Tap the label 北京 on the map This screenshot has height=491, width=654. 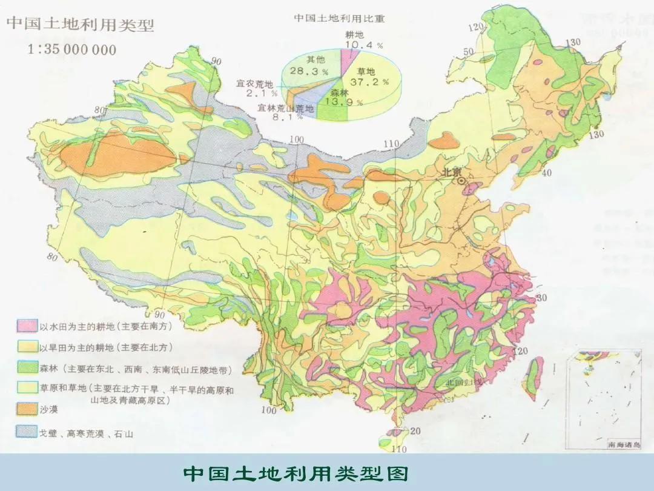(x=451, y=172)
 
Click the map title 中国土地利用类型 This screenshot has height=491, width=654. (x=80, y=25)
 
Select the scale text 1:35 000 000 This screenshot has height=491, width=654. (x=71, y=50)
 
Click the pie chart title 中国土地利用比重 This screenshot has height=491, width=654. (x=340, y=18)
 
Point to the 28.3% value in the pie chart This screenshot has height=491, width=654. (x=309, y=71)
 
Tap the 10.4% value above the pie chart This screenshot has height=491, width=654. (x=363, y=45)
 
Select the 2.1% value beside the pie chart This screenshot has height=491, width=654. (x=261, y=93)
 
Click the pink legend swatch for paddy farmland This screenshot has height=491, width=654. (x=26, y=327)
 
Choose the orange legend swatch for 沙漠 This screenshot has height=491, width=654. (x=26, y=410)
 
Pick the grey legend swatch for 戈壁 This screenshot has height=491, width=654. (x=26, y=433)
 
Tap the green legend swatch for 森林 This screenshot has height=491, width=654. (x=26, y=369)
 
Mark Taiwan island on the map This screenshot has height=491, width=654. (x=534, y=377)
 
